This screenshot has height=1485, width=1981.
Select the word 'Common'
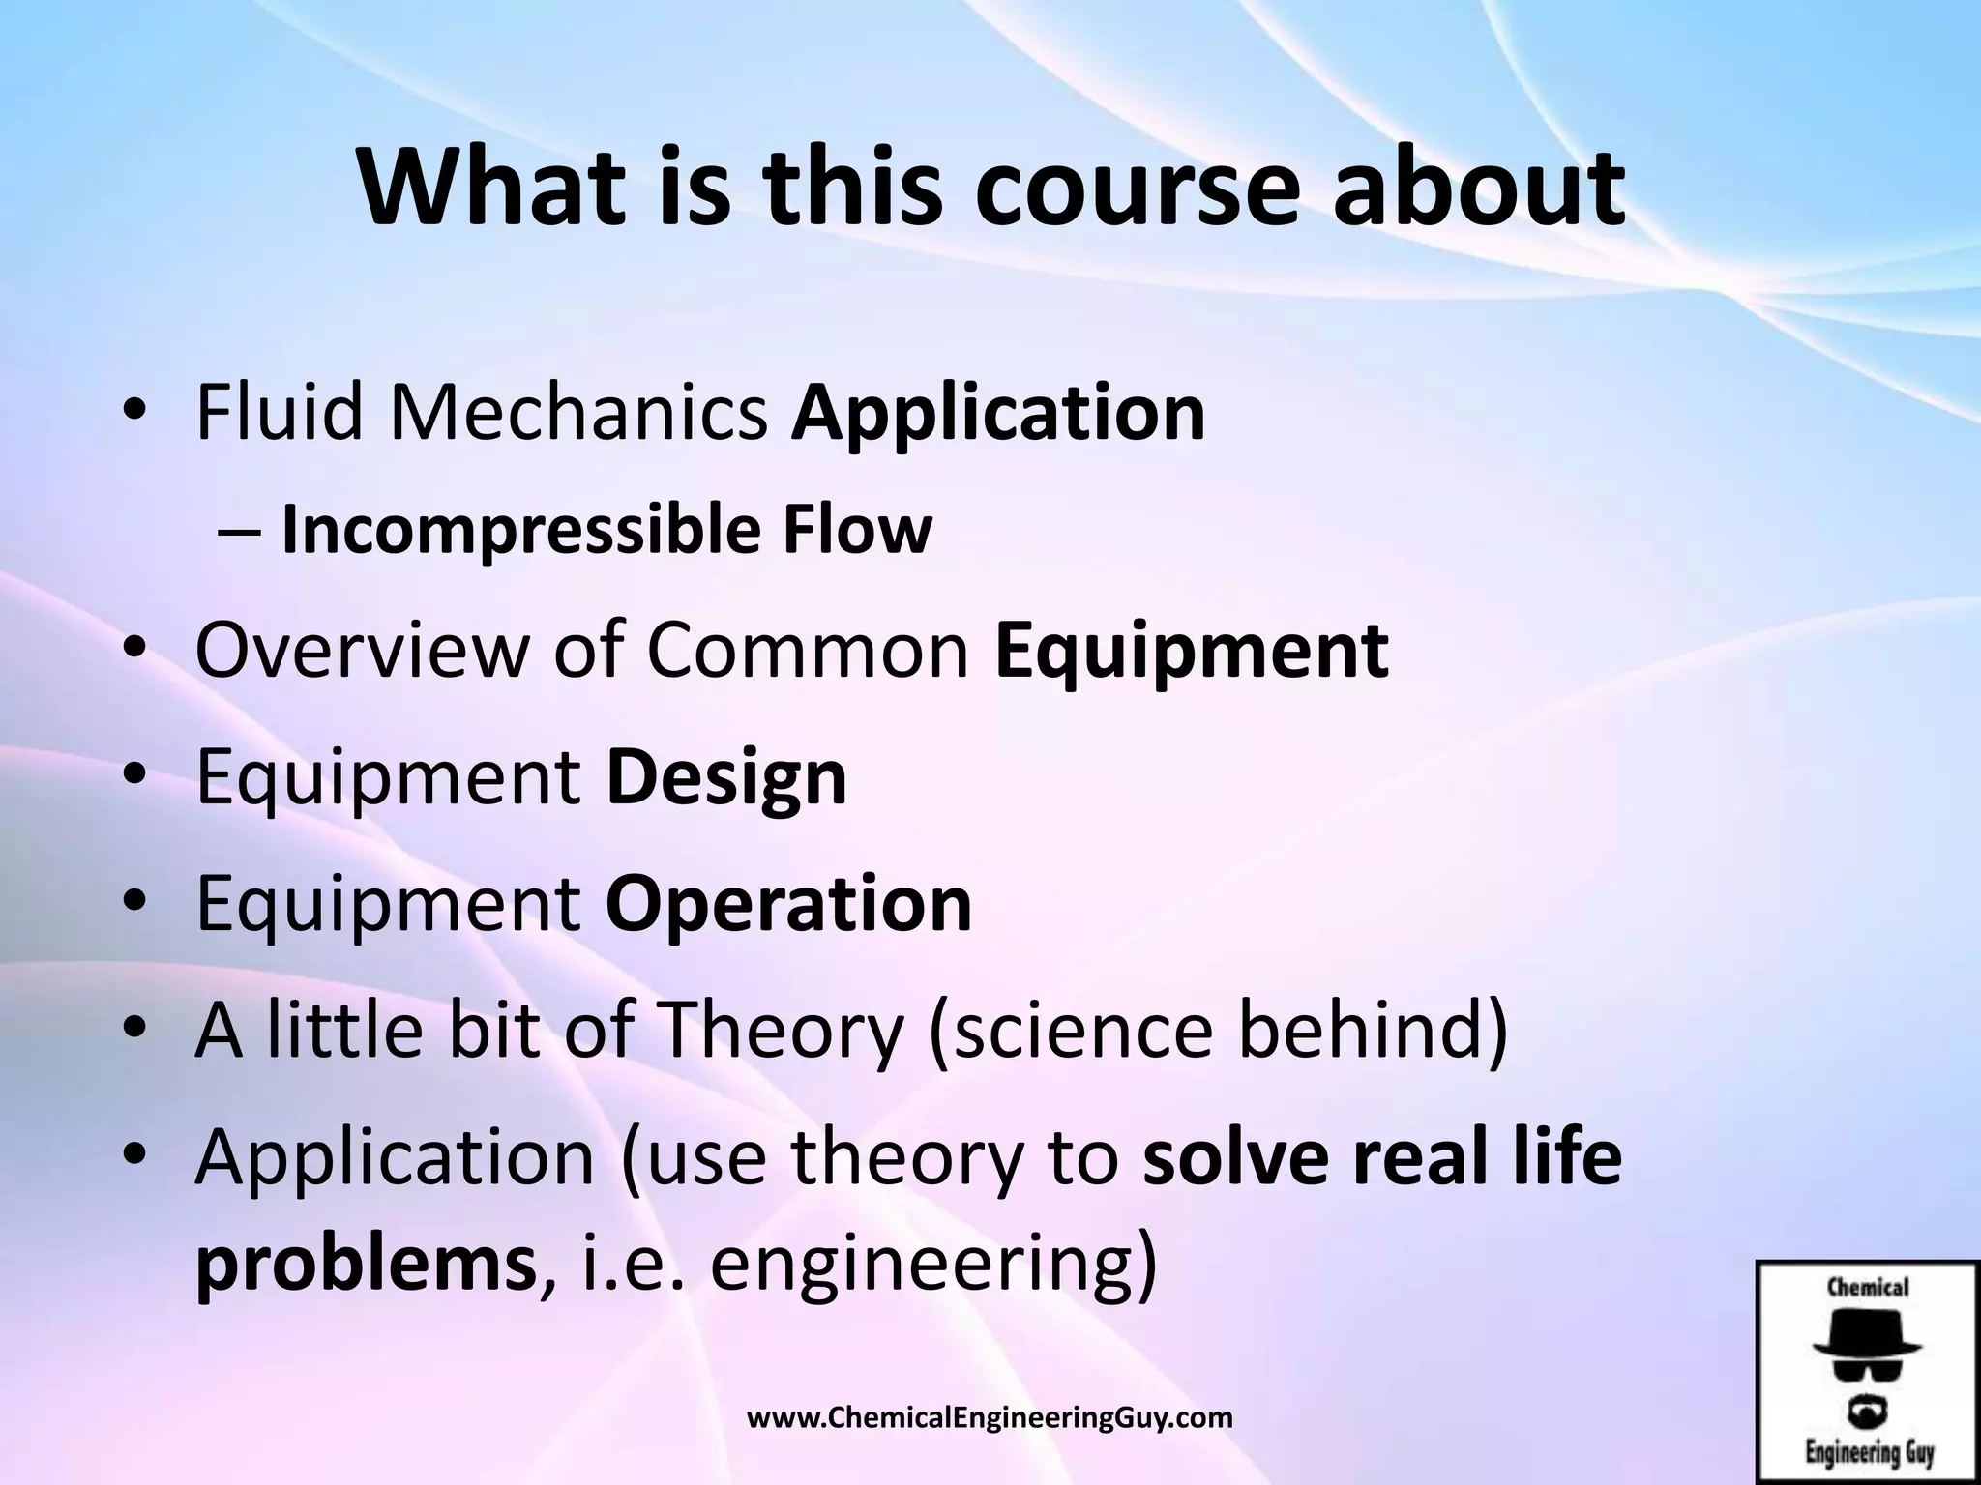click(808, 650)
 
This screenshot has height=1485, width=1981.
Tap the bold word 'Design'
click(726, 778)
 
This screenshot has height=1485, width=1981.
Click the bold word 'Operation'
click(788, 903)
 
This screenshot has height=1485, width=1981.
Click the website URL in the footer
click(990, 1418)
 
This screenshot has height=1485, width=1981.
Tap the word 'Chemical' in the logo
click(1867, 1287)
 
